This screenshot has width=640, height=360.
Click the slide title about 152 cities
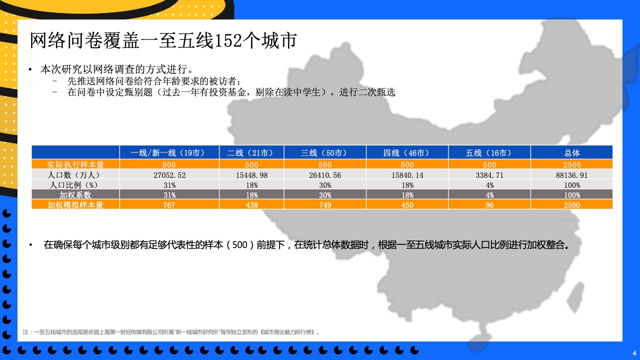click(163, 40)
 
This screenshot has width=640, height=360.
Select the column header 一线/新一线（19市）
click(169, 153)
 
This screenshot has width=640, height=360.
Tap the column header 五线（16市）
click(489, 153)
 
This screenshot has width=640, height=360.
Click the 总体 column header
click(571, 153)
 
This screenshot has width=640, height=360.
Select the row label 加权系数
click(75, 195)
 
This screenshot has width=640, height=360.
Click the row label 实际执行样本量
click(75, 164)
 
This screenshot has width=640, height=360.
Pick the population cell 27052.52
click(169, 175)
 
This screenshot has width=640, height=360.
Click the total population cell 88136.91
click(571, 175)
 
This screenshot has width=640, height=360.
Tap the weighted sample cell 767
click(169, 205)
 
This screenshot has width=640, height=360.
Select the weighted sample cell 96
click(489, 205)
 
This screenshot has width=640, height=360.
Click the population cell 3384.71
click(489, 175)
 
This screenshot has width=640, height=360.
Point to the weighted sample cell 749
click(325, 205)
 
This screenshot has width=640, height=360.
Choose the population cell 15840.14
click(407, 175)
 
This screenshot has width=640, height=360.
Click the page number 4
click(634, 353)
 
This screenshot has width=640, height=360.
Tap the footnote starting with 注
click(171, 332)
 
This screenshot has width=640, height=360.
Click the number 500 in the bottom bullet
click(239, 245)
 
